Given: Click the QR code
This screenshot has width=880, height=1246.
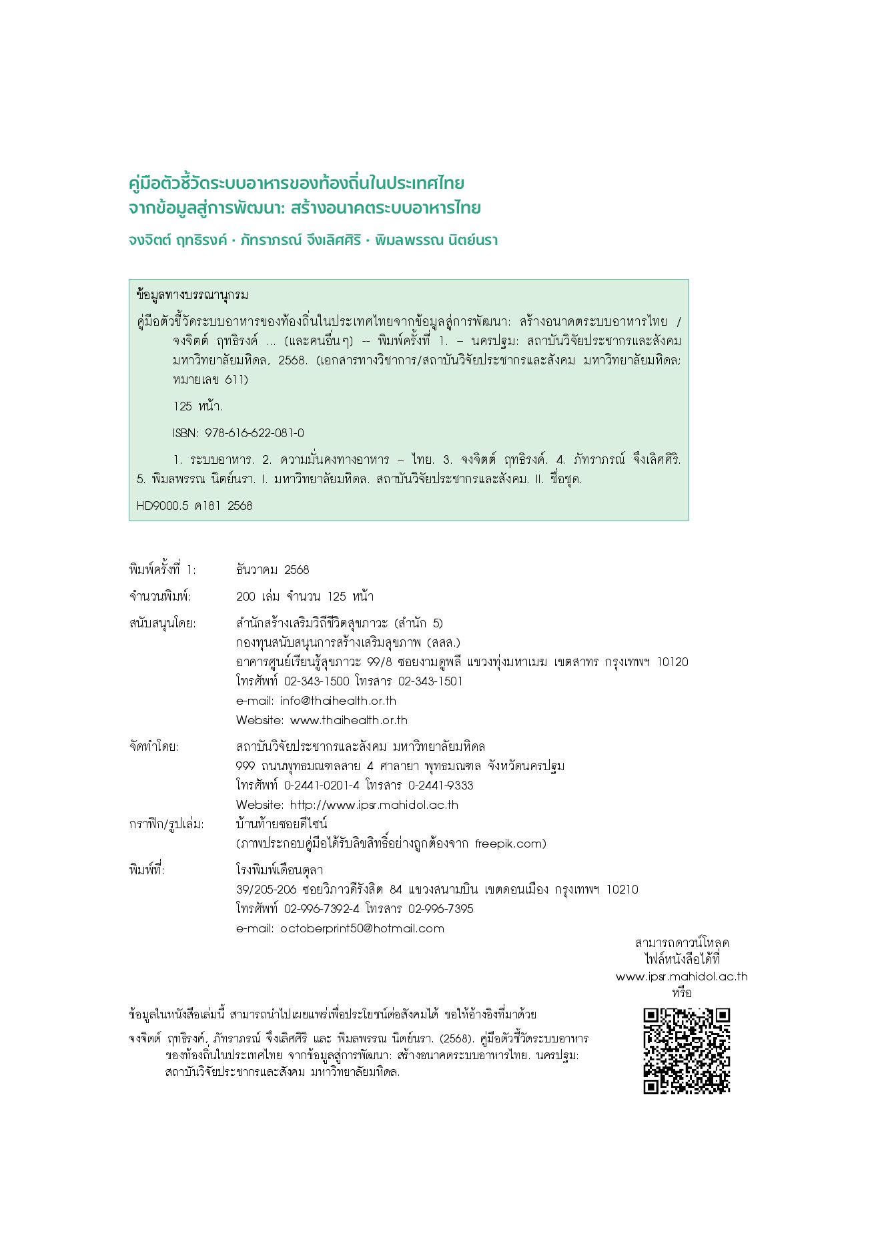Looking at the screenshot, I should (686, 1050).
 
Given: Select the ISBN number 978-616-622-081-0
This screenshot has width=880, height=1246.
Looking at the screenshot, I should (254, 433).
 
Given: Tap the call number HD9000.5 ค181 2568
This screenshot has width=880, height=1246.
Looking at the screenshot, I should (194, 506).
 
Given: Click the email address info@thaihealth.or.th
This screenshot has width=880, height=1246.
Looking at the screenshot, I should (338, 701).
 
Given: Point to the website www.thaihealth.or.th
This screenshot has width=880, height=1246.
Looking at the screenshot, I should (348, 720).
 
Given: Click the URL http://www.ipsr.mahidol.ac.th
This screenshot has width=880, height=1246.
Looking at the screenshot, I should (374, 805).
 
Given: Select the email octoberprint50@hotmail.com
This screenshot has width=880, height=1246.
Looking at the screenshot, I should (362, 928).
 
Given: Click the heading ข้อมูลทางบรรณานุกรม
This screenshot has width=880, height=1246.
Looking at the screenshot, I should (192, 295).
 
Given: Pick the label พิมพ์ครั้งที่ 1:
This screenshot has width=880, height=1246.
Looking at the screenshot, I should (163, 570).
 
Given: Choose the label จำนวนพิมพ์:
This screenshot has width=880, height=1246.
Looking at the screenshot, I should (160, 597).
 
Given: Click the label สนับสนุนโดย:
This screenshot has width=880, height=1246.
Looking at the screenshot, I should (163, 623).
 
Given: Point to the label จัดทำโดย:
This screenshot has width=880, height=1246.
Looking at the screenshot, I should (154, 747).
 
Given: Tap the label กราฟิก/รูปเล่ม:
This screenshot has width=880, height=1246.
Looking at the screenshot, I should (167, 824).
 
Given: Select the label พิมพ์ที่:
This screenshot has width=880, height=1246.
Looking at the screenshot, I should (147, 870).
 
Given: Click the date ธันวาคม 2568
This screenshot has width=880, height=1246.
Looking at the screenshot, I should (273, 570).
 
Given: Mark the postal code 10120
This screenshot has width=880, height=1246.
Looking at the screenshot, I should (673, 662).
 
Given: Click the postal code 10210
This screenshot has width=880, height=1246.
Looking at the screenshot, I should (622, 890).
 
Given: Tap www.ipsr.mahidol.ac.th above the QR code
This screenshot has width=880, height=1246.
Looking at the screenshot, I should (681, 976).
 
